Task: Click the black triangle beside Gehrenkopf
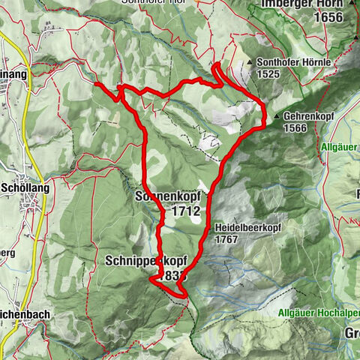point(277,117)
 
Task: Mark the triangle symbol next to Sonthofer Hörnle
point(250,63)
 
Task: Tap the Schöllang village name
point(25,188)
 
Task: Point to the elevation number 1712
point(185,211)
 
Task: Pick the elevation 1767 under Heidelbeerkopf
point(227,239)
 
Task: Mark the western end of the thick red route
point(97,85)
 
